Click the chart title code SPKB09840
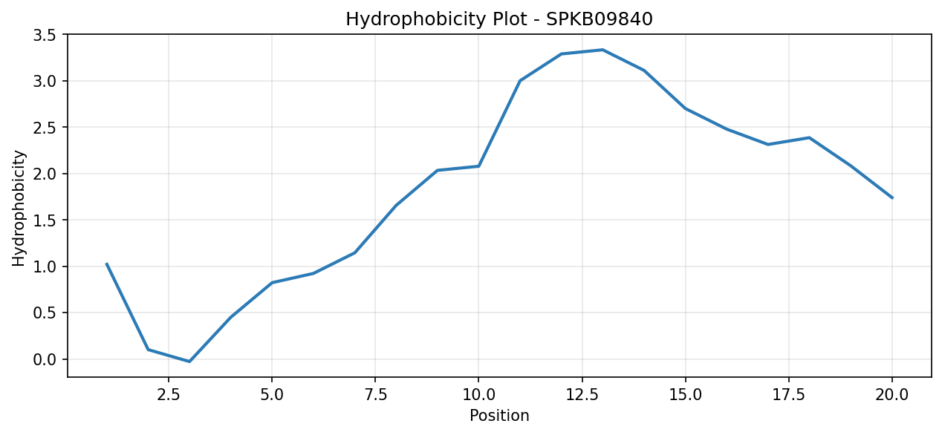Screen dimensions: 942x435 pyautogui.click(x=600, y=19)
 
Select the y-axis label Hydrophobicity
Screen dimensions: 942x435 pyautogui.click(x=19, y=208)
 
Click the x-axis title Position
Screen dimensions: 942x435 pyautogui.click(x=499, y=416)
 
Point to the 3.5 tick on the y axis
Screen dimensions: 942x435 pyautogui.click(x=45, y=35)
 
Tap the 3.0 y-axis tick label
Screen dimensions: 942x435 pyautogui.click(x=45, y=81)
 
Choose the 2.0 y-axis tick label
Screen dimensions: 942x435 pyautogui.click(x=45, y=174)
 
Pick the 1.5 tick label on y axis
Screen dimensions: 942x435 pyautogui.click(x=45, y=220)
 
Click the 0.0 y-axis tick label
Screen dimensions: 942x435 pyautogui.click(x=45, y=359)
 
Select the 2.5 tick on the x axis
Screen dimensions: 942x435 pyautogui.click(x=169, y=395)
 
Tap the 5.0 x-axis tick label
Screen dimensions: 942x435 pyautogui.click(x=272, y=395)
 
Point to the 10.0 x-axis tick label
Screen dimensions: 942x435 pyautogui.click(x=478, y=395)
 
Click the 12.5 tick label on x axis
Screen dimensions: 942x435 pyautogui.click(x=582, y=395)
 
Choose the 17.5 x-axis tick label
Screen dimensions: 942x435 pyautogui.click(x=789, y=395)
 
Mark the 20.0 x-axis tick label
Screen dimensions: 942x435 pyautogui.click(x=892, y=395)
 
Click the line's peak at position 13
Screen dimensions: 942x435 pyautogui.click(x=602, y=50)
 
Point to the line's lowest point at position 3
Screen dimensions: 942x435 pyautogui.click(x=189, y=362)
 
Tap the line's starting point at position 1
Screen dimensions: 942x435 pyautogui.click(x=107, y=264)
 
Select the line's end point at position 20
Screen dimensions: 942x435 pyautogui.click(x=892, y=198)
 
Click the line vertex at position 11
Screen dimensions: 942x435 pyautogui.click(x=520, y=81)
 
